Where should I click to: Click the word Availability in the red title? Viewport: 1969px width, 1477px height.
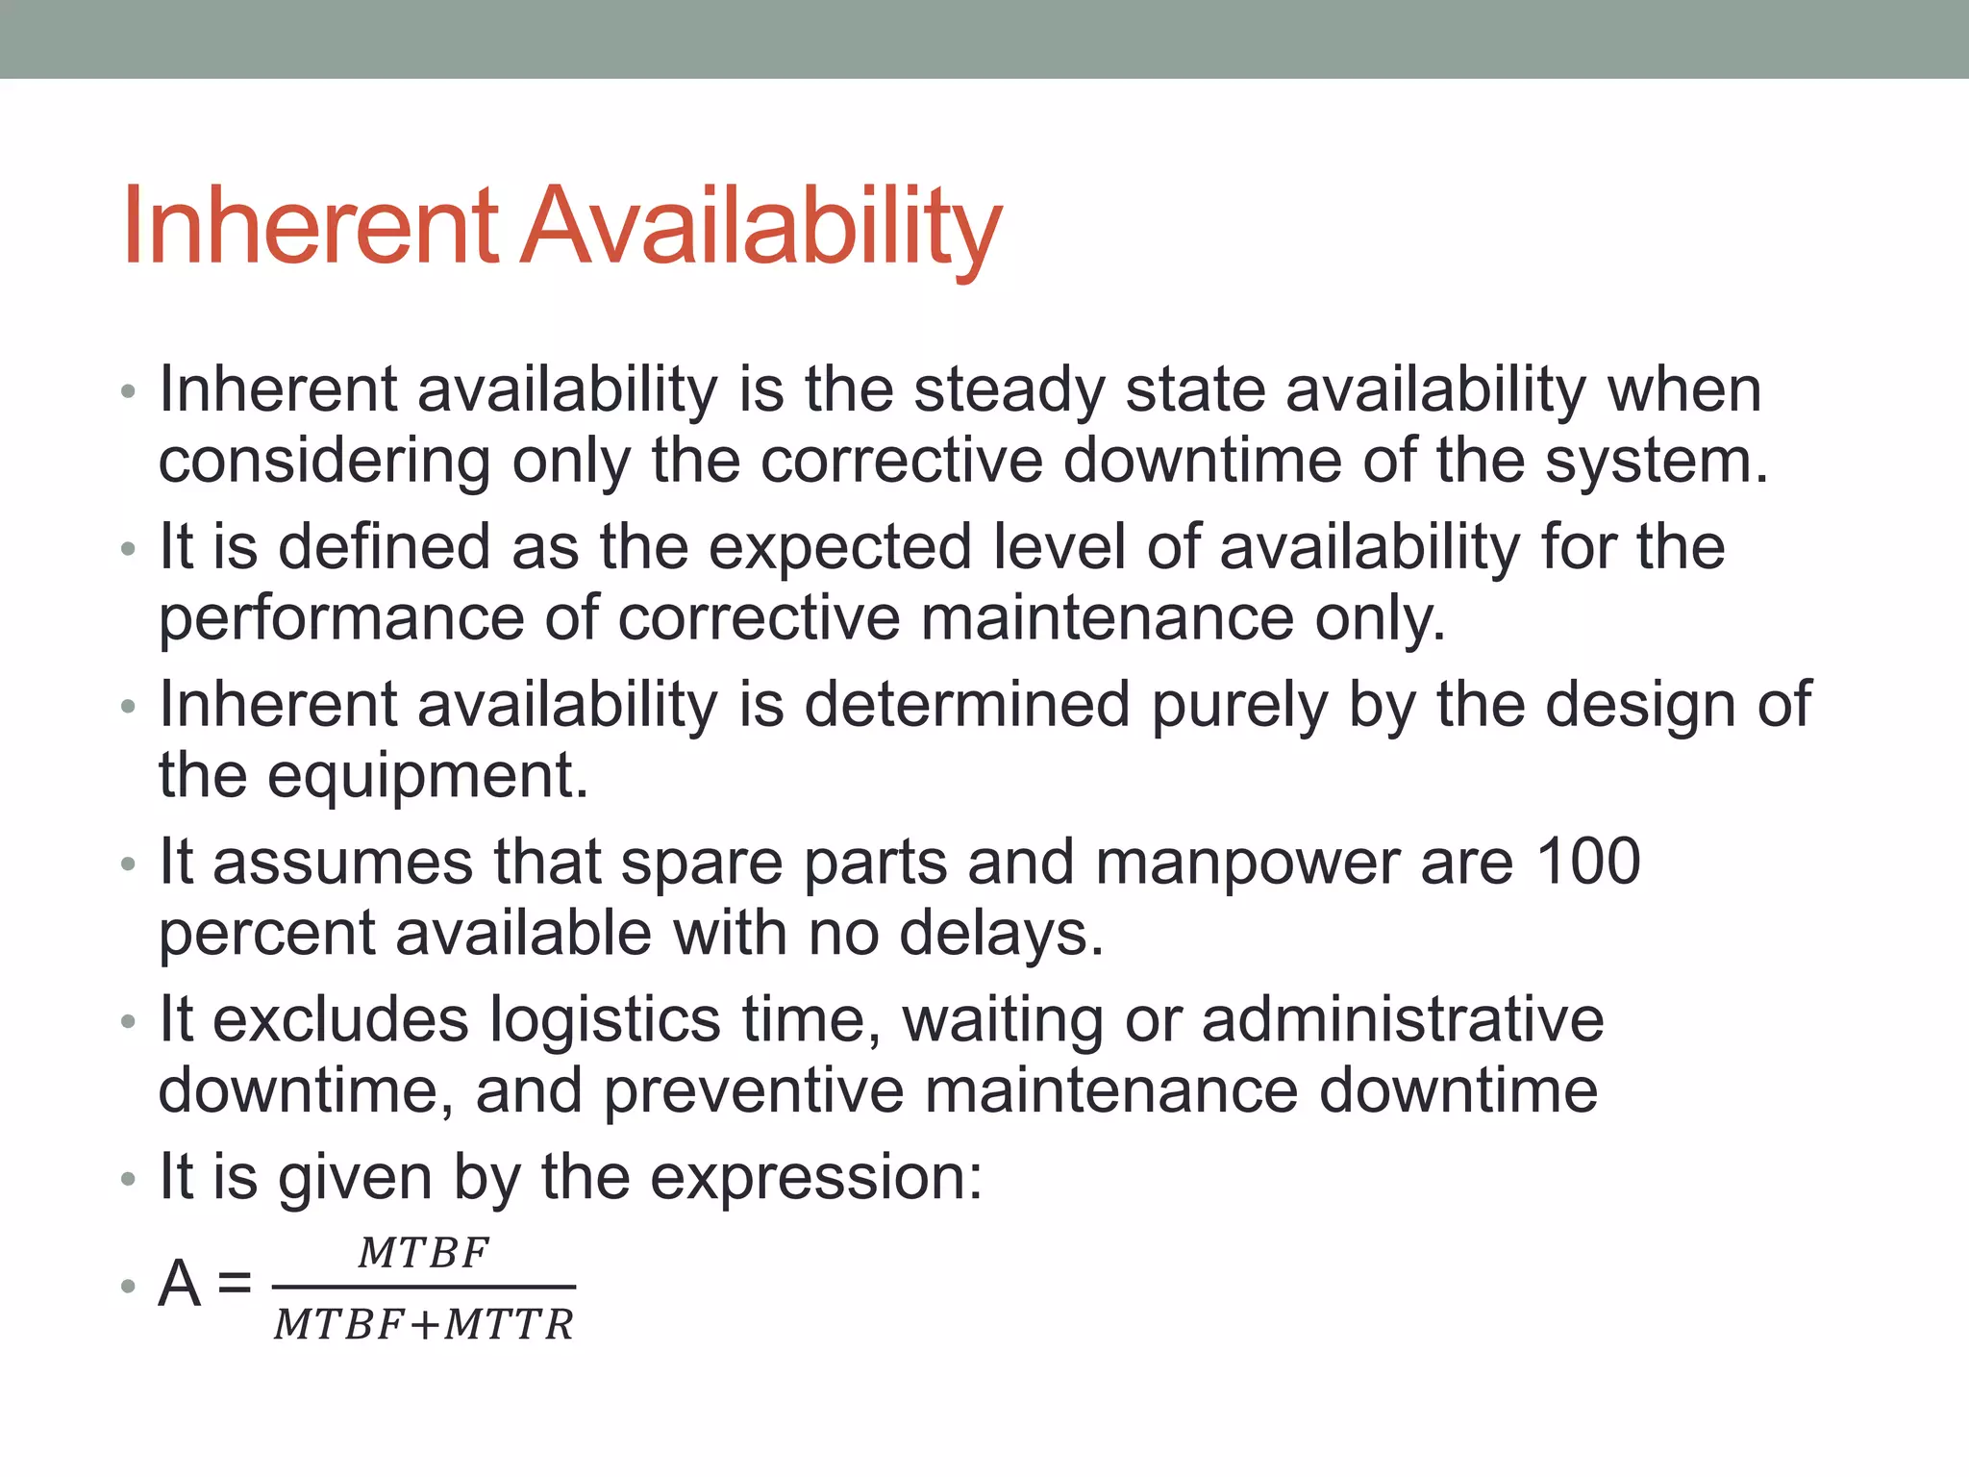(x=760, y=227)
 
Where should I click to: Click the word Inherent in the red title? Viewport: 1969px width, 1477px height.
(x=310, y=227)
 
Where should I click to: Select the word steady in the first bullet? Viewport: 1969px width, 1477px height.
(x=1009, y=390)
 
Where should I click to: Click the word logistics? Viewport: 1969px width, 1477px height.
(x=605, y=1019)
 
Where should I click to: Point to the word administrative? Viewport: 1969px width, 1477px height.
(x=1403, y=1019)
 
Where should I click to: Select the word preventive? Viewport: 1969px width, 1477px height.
(x=755, y=1090)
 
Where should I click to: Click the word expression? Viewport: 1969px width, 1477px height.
(x=816, y=1177)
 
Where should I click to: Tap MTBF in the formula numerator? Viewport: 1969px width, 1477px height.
(x=423, y=1253)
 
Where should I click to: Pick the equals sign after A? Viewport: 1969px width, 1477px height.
(x=234, y=1283)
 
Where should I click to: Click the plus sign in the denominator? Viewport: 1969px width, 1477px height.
(x=423, y=1325)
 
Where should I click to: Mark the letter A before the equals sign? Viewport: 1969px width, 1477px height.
(x=180, y=1283)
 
